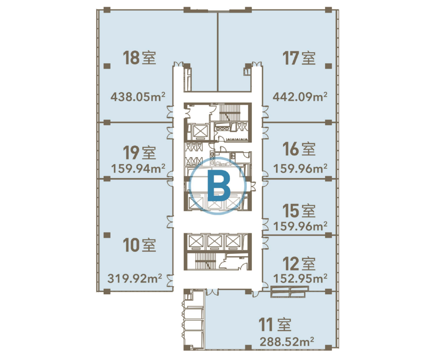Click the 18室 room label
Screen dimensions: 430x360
coord(139,58)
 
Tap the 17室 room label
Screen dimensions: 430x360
coord(299,58)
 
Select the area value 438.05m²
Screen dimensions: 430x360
coord(138,97)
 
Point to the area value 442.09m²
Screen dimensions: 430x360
coord(300,97)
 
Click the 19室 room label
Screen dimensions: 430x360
coord(139,152)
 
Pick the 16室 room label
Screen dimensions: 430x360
coord(299,149)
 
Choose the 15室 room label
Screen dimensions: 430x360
coord(299,211)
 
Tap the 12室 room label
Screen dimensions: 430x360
coord(299,263)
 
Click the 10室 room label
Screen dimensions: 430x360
coord(139,245)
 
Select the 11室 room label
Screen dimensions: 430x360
coord(275,325)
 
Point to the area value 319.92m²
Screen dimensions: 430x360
coord(135,278)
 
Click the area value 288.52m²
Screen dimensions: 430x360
coord(287,342)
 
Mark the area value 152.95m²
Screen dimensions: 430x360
coord(300,278)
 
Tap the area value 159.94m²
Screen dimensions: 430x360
coord(138,168)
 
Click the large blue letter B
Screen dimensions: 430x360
coord(219,186)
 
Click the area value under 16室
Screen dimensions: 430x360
coord(300,168)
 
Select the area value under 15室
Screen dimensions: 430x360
coord(300,226)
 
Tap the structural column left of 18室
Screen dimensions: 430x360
coord(107,66)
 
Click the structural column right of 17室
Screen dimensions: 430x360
coord(328,66)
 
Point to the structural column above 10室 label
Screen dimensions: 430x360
coord(107,235)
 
